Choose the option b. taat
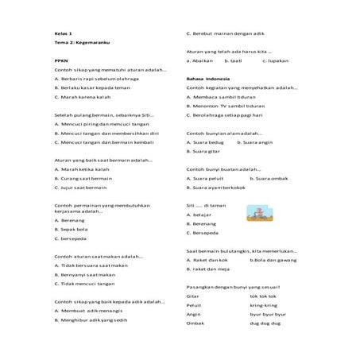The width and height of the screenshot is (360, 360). (x=233, y=60)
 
